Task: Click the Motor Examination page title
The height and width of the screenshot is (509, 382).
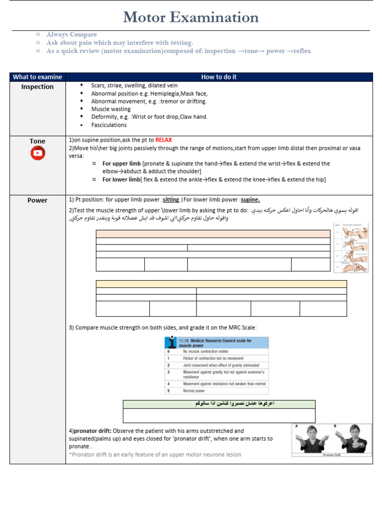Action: click(191, 17)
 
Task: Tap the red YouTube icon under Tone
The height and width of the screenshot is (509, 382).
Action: click(37, 154)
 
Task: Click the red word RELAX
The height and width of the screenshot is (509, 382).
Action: click(163, 140)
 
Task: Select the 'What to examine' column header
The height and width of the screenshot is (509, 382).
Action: click(37, 77)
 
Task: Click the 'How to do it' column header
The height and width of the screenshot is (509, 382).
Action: click(219, 77)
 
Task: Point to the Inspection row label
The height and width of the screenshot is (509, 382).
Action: click(37, 87)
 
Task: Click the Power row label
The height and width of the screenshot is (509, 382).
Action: click(37, 200)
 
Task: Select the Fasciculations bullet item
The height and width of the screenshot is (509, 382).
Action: click(109, 125)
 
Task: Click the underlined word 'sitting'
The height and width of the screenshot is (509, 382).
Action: click(171, 200)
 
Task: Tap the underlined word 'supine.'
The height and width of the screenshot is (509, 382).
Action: click(250, 200)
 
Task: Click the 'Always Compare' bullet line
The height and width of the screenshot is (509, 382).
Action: click(72, 35)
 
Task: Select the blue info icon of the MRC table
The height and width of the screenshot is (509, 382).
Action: click(171, 342)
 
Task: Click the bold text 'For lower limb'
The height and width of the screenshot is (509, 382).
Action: click(121, 179)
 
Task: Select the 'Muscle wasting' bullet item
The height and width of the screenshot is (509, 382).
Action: click(111, 109)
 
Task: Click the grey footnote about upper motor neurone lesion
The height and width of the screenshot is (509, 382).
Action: click(155, 454)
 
